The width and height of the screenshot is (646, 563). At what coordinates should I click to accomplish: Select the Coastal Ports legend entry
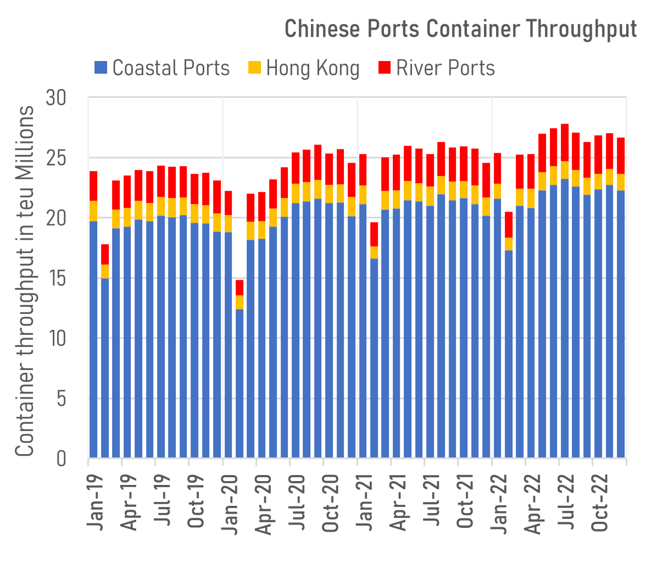pyautogui.click(x=162, y=68)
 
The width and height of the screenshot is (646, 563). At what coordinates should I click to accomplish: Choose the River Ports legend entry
pyautogui.click(x=437, y=68)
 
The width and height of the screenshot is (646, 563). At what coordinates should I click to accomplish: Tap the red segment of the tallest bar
pyautogui.click(x=565, y=142)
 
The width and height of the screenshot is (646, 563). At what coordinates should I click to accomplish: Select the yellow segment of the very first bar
pyautogui.click(x=93, y=211)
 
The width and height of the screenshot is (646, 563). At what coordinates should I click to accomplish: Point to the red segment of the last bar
pyautogui.click(x=621, y=156)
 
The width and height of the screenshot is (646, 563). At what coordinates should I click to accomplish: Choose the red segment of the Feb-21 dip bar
pyautogui.click(x=374, y=234)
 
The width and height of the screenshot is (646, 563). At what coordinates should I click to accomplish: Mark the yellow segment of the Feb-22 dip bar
pyautogui.click(x=509, y=244)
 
